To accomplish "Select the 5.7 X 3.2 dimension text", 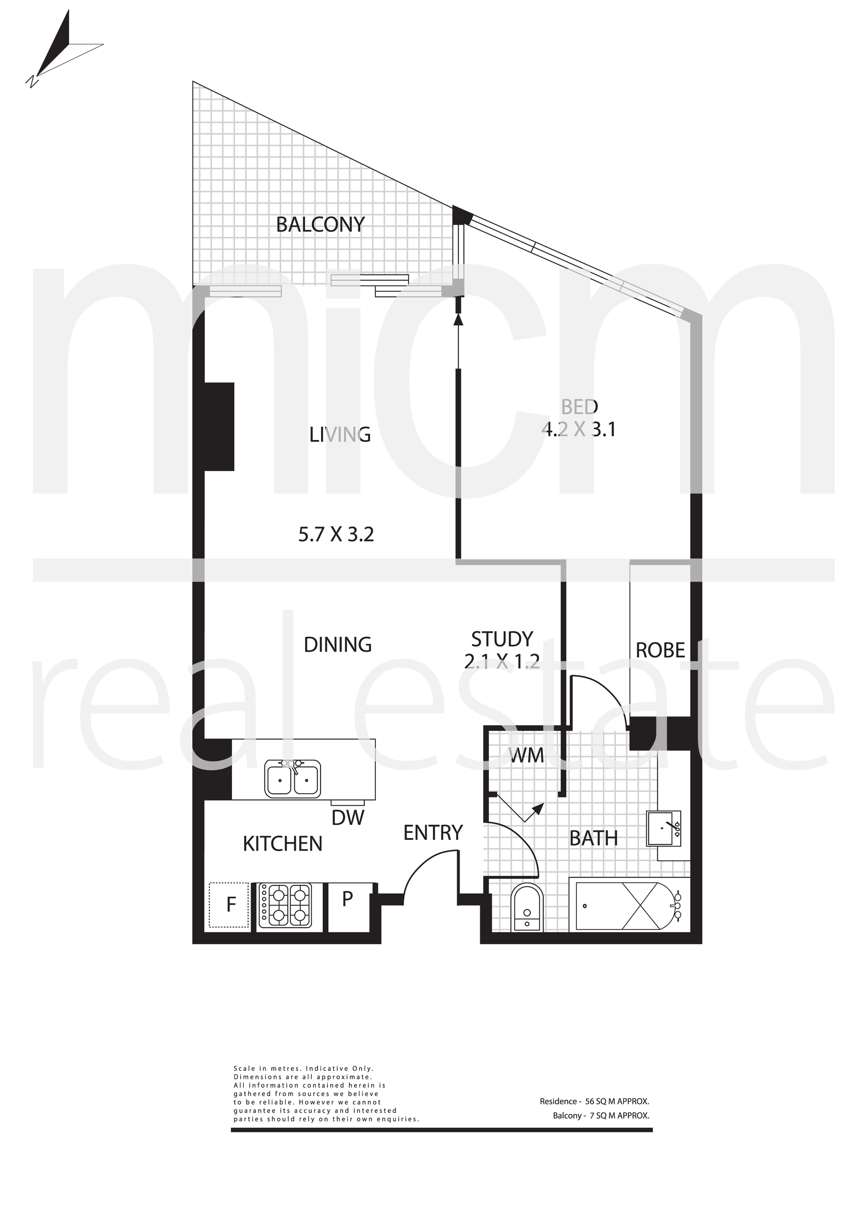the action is click(x=336, y=534).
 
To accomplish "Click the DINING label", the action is click(x=338, y=645).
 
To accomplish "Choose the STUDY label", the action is click(x=502, y=639).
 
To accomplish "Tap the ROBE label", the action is click(x=660, y=651).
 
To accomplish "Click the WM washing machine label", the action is click(x=526, y=755).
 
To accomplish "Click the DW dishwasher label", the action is click(x=348, y=817).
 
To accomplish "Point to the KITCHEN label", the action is click(x=282, y=843).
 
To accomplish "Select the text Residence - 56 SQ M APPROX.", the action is click(x=594, y=1101).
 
